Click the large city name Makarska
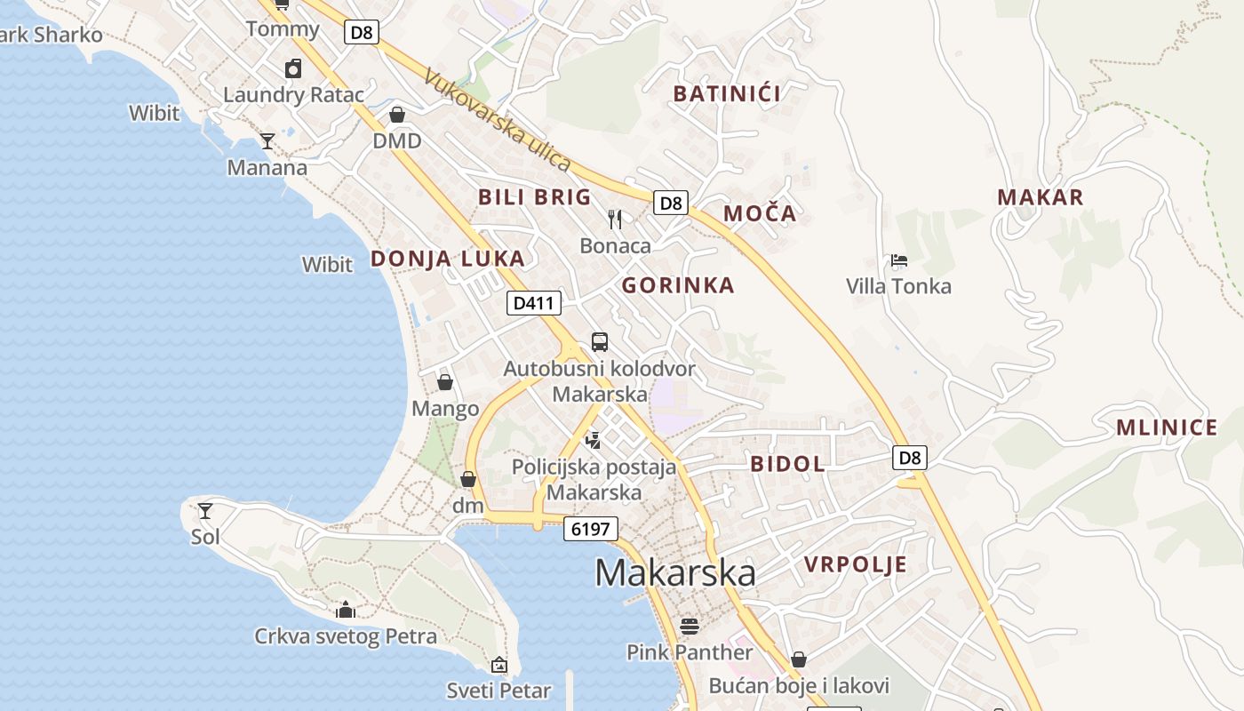[x=675, y=573]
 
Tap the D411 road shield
[x=534, y=303]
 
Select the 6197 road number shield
[x=590, y=530]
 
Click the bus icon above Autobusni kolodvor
[x=600, y=342]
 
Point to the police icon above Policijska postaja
[x=593, y=439]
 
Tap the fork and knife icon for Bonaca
[x=615, y=219]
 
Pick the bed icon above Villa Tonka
[x=899, y=260]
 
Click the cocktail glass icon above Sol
[x=205, y=510]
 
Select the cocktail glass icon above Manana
[x=267, y=140]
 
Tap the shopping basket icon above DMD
[x=397, y=115]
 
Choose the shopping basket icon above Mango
[x=445, y=382]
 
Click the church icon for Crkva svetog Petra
[x=346, y=610]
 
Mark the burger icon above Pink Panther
[x=690, y=626]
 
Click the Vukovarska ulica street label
[x=497, y=119]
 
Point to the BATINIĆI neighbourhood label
[x=727, y=93]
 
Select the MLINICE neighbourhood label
[x=1167, y=427]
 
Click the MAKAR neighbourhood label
[x=1041, y=197]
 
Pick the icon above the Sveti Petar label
[x=498, y=664]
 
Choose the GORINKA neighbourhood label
[x=678, y=285]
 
